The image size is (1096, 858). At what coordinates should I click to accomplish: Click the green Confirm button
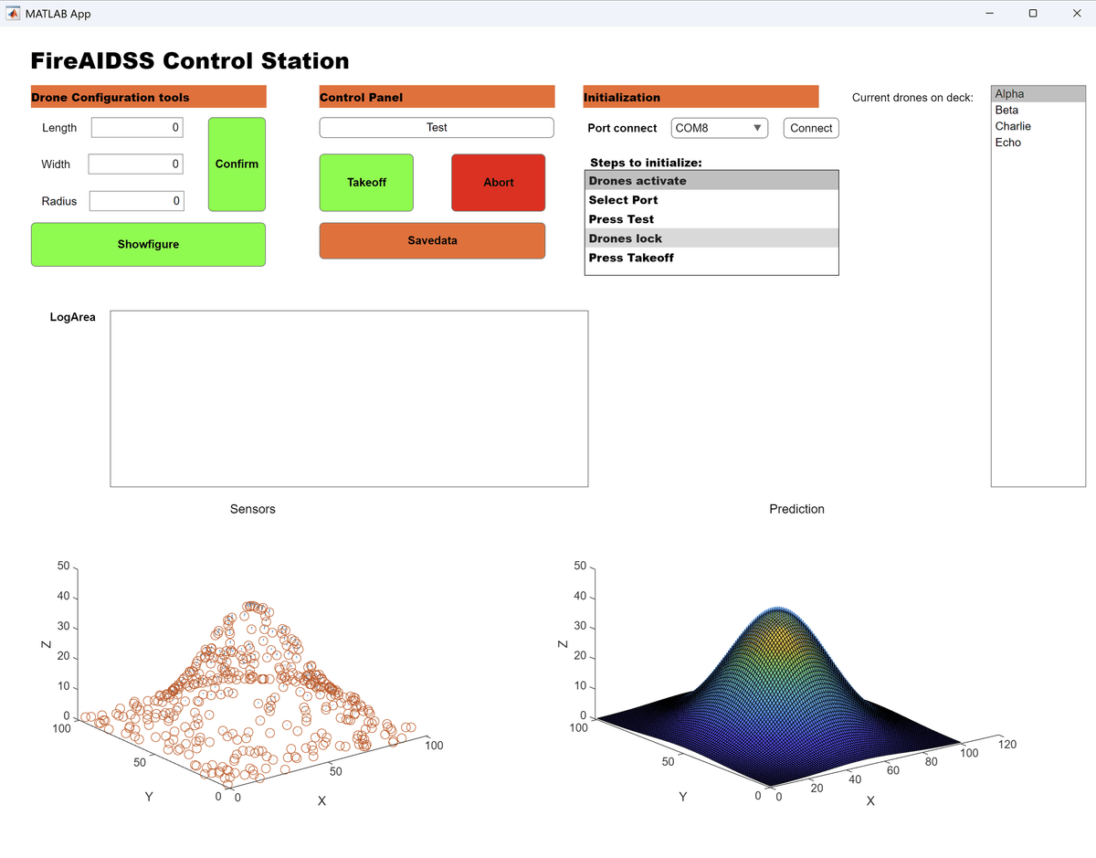[237, 164]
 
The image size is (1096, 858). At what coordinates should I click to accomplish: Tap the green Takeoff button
[366, 183]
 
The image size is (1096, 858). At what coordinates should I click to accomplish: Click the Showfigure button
[148, 244]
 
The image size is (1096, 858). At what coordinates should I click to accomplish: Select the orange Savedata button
[432, 240]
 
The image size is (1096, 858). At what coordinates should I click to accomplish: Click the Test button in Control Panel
[437, 128]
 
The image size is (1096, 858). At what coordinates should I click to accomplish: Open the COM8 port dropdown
[720, 128]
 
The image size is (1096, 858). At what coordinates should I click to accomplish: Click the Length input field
[137, 128]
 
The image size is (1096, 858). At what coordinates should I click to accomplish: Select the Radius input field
[137, 201]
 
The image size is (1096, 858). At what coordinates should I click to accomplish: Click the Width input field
[136, 164]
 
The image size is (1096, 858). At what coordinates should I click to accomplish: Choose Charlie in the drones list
[1013, 126]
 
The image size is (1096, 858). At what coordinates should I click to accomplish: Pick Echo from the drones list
[1008, 143]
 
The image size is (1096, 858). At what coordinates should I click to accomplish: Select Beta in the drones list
[1006, 110]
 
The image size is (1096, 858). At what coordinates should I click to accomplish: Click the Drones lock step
[626, 238]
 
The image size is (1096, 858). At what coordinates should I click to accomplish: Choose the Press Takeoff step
[631, 258]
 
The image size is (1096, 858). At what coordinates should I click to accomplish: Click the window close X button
[1077, 14]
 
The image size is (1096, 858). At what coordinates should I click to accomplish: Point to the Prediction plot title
[796, 509]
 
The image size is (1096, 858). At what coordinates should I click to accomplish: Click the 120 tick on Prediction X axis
[1006, 745]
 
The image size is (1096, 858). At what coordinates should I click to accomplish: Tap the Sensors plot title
[252, 509]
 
